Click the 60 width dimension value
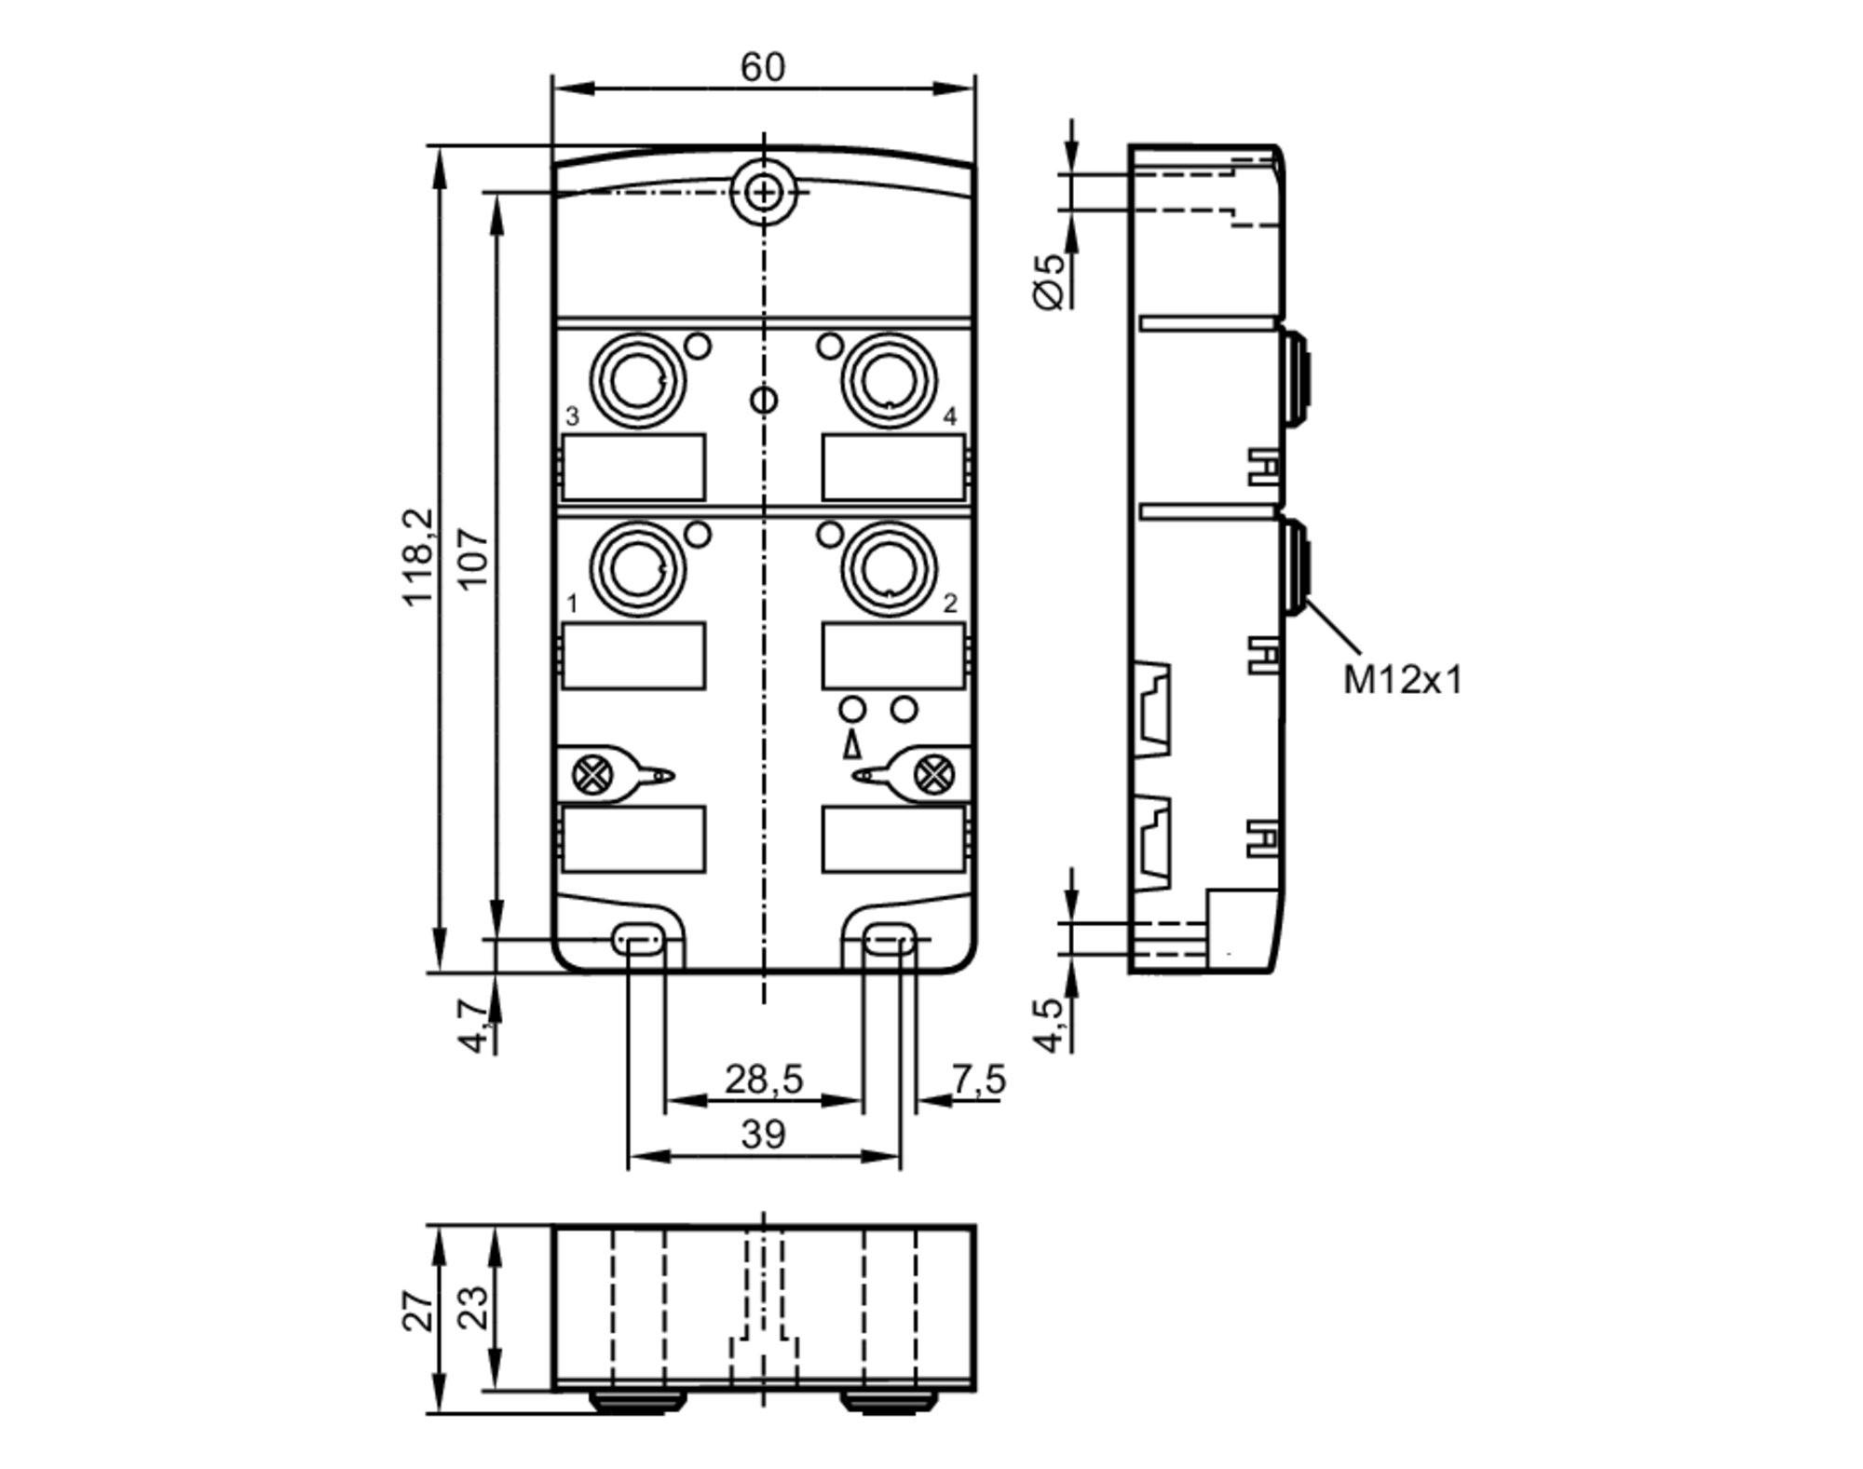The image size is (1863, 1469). (x=762, y=67)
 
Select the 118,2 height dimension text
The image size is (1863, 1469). (x=418, y=557)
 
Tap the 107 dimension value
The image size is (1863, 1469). (x=473, y=557)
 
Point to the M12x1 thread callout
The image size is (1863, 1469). (x=1401, y=680)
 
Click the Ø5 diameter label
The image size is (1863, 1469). (x=1049, y=281)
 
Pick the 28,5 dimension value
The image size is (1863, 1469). (x=763, y=1080)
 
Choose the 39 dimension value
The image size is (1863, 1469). (x=763, y=1135)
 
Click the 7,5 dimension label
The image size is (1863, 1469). (x=978, y=1080)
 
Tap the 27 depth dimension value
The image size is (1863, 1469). (x=418, y=1311)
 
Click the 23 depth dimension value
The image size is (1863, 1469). (x=473, y=1308)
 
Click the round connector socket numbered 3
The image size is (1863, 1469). (x=638, y=380)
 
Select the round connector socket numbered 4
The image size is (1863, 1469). (x=889, y=380)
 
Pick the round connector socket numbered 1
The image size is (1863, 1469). (x=638, y=568)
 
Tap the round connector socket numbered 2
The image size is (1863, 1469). (x=889, y=568)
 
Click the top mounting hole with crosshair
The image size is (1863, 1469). (x=763, y=193)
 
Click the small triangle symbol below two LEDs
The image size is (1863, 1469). (x=850, y=746)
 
